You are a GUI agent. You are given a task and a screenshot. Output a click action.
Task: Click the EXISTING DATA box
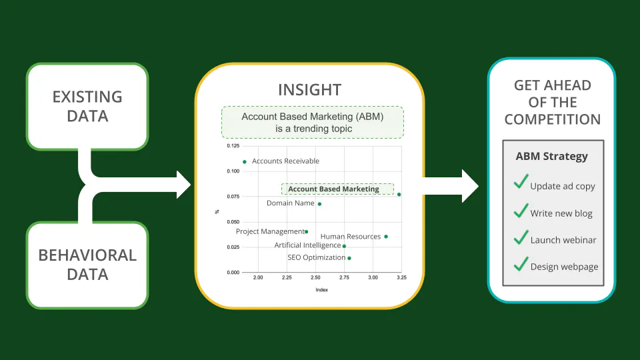pos(87,107)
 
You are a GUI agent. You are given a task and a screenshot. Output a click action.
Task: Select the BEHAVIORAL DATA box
pos(87,265)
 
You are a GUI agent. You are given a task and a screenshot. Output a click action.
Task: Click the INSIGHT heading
pos(310,90)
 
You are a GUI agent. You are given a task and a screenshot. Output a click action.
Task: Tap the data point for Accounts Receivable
pos(245,162)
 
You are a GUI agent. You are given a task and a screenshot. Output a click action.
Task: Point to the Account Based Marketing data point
pos(399,194)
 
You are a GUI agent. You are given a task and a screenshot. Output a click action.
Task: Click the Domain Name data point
pos(319,204)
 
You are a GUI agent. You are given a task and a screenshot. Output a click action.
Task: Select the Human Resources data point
pos(386,237)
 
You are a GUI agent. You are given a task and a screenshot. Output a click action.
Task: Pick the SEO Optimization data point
pos(349,258)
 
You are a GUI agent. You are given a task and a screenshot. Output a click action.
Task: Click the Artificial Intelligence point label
pos(307,245)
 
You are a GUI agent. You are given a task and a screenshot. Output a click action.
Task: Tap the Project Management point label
pos(270,231)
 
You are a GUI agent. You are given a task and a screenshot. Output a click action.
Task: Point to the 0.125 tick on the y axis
pos(233,146)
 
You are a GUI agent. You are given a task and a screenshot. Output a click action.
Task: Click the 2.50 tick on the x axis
pos(315,277)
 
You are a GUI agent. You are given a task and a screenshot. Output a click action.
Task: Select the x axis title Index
pos(321,290)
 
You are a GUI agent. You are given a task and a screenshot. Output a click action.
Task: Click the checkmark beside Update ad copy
pos(521,181)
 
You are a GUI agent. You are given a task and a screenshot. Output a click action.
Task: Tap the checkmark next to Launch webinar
pos(521,237)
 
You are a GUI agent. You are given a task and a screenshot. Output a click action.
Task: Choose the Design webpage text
pos(564,267)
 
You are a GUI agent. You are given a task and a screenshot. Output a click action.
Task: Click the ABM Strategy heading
pos(552,156)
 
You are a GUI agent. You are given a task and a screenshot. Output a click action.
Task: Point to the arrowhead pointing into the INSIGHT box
pos(184,185)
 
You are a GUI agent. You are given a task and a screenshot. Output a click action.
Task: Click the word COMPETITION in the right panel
pos(553,119)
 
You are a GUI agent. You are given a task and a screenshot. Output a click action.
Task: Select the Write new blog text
pos(561,213)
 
